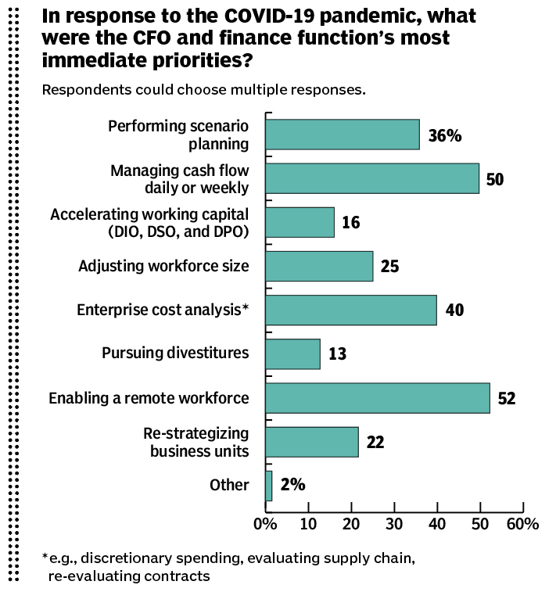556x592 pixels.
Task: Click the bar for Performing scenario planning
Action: tap(343, 134)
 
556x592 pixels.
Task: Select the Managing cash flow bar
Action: tap(372, 178)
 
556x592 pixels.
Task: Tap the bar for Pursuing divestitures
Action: tap(292, 353)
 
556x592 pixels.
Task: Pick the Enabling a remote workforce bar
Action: tap(378, 398)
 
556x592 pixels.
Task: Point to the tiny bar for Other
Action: tap(269, 486)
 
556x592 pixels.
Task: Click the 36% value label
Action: tap(445, 135)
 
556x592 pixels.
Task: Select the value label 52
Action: tap(507, 399)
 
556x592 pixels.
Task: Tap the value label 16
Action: tap(351, 223)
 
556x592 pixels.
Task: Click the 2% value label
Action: tap(292, 486)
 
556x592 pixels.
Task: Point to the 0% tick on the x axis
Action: tap(266, 524)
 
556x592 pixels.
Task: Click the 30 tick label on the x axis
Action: tap(394, 524)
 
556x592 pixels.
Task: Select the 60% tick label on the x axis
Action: tap(522, 524)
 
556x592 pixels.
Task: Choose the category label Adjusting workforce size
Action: tap(163, 266)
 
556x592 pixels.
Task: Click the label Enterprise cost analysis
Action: tap(162, 310)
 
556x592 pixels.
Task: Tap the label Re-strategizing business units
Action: tap(196, 442)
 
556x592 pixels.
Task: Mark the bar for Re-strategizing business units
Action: tap(312, 442)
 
